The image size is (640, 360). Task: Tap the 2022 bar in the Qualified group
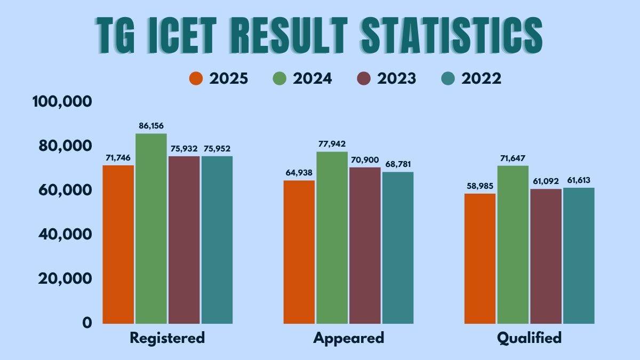click(x=579, y=255)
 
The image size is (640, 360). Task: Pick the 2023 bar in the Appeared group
click(x=365, y=245)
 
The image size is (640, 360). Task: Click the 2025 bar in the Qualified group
click(x=480, y=258)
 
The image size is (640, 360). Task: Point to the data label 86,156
click(x=151, y=125)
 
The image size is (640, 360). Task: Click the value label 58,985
click(x=480, y=186)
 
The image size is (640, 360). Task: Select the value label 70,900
click(x=365, y=159)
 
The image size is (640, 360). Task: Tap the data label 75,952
click(x=217, y=148)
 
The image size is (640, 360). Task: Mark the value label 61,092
click(x=545, y=181)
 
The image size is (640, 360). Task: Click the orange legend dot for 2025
click(x=196, y=79)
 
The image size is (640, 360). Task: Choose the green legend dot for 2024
click(x=280, y=79)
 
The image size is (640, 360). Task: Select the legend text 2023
click(x=396, y=79)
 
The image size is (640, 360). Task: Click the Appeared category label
click(x=348, y=338)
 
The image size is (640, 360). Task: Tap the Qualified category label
click(x=529, y=338)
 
